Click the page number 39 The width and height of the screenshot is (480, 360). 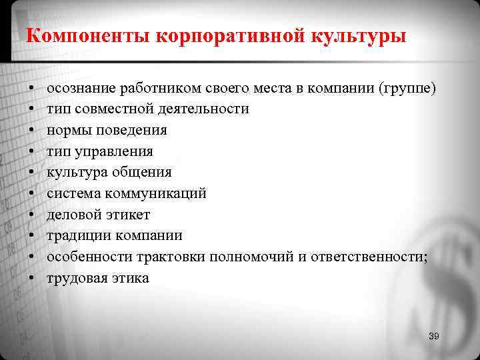(x=434, y=336)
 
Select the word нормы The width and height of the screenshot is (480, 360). (x=67, y=130)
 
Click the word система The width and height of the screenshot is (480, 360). (x=72, y=194)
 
